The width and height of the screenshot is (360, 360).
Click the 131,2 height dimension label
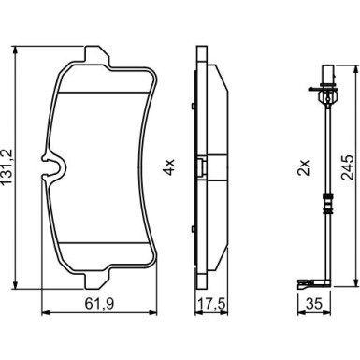[7, 167]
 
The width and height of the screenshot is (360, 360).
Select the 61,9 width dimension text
[99, 304]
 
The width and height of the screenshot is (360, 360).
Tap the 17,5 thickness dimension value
[211, 304]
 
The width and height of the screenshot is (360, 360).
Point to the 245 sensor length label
[347, 167]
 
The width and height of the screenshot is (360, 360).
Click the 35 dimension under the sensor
[313, 304]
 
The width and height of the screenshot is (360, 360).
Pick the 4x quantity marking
[169, 167]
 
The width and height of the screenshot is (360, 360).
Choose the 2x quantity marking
[304, 167]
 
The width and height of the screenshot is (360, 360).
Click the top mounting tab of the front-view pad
[97, 55]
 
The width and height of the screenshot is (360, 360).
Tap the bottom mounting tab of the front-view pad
[97, 279]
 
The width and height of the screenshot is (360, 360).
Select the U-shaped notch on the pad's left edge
[53, 167]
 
